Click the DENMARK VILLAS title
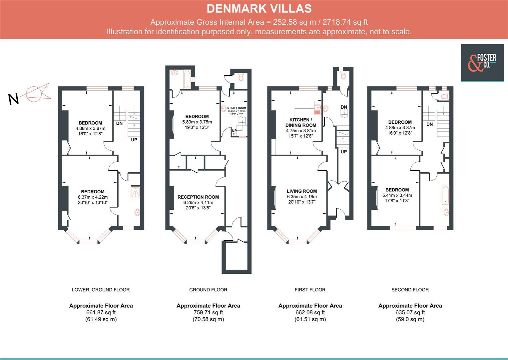259,9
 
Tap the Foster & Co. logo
482,63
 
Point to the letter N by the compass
13,99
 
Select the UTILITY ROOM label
237,108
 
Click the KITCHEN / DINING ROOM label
301,122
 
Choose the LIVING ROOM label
301,191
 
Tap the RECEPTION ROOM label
198,197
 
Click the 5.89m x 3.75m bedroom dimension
197,122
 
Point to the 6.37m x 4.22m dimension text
93,197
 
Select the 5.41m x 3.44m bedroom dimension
397,195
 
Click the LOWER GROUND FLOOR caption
101,290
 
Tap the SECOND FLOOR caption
410,290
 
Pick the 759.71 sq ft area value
208,312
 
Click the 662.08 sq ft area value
310,312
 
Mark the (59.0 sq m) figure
410,319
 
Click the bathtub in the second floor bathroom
445,195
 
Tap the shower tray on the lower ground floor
135,192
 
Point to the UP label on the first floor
344,152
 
